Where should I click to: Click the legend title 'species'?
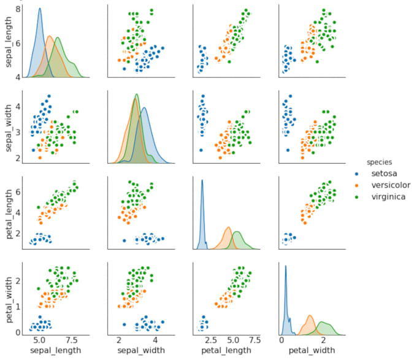point(380,162)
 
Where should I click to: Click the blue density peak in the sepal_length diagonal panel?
point(40,9)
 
